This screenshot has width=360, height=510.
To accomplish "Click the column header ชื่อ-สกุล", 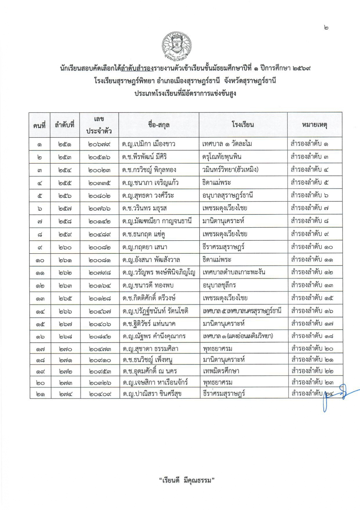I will click(x=159, y=125).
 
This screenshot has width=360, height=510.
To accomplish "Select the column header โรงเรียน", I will click(x=243, y=125).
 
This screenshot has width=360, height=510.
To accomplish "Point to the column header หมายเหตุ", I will click(x=314, y=125).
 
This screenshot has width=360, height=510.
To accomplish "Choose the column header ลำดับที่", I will click(x=65, y=125).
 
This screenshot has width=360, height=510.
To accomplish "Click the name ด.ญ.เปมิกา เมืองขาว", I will click(x=149, y=144).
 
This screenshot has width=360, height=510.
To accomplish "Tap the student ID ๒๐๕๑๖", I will click(x=99, y=157).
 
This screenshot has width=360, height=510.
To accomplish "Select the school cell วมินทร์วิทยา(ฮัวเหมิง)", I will click(x=230, y=170).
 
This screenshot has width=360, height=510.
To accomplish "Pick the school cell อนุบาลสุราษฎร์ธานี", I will click(x=228, y=195).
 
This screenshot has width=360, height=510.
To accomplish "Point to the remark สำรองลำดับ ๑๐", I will click(x=312, y=247).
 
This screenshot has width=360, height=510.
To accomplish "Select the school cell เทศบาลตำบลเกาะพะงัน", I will click(x=234, y=273).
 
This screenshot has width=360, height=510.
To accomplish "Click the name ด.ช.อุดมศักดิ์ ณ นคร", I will click(x=150, y=371).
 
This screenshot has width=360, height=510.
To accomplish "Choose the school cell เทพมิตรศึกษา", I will click(x=221, y=371).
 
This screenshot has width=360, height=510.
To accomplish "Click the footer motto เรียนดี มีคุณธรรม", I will click(x=186, y=480).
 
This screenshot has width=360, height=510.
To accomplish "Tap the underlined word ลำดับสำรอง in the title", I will click(x=137, y=68).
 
